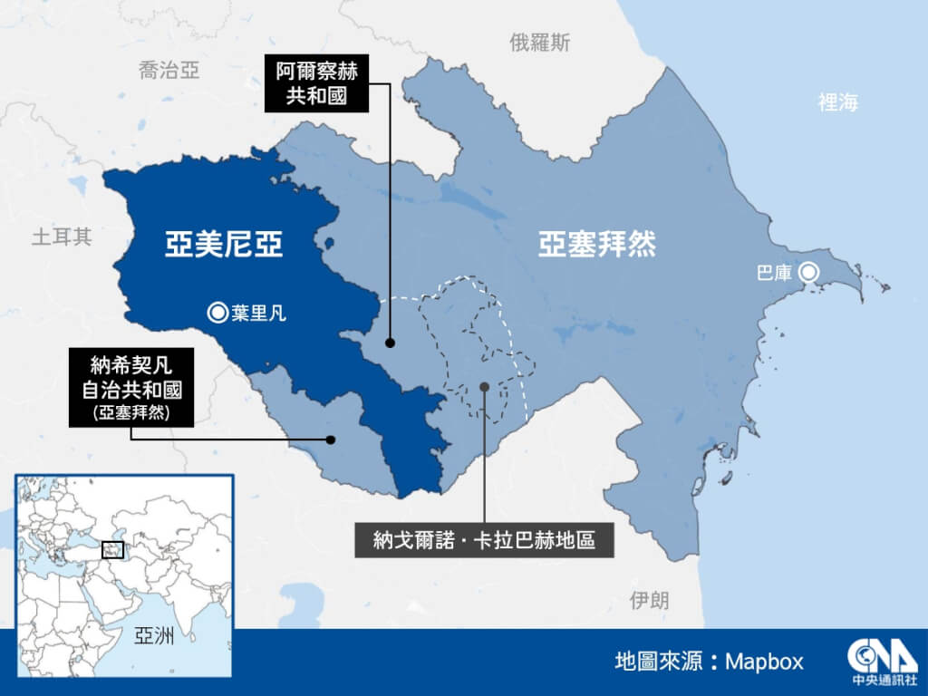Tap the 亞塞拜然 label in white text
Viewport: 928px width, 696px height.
(597, 245)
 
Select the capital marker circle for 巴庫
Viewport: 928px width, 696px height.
(809, 271)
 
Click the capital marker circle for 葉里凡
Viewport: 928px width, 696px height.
(217, 314)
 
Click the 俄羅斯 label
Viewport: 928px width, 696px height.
(540, 42)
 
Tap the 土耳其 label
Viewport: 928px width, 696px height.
(62, 237)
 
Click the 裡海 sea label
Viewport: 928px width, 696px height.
(837, 102)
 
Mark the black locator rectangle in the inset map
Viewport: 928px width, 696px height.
(113, 549)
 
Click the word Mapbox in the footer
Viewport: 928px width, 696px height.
(764, 662)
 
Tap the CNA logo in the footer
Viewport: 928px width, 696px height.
(868, 662)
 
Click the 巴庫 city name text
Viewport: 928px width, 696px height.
(775, 272)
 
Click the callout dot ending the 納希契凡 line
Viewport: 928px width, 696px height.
(333, 440)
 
